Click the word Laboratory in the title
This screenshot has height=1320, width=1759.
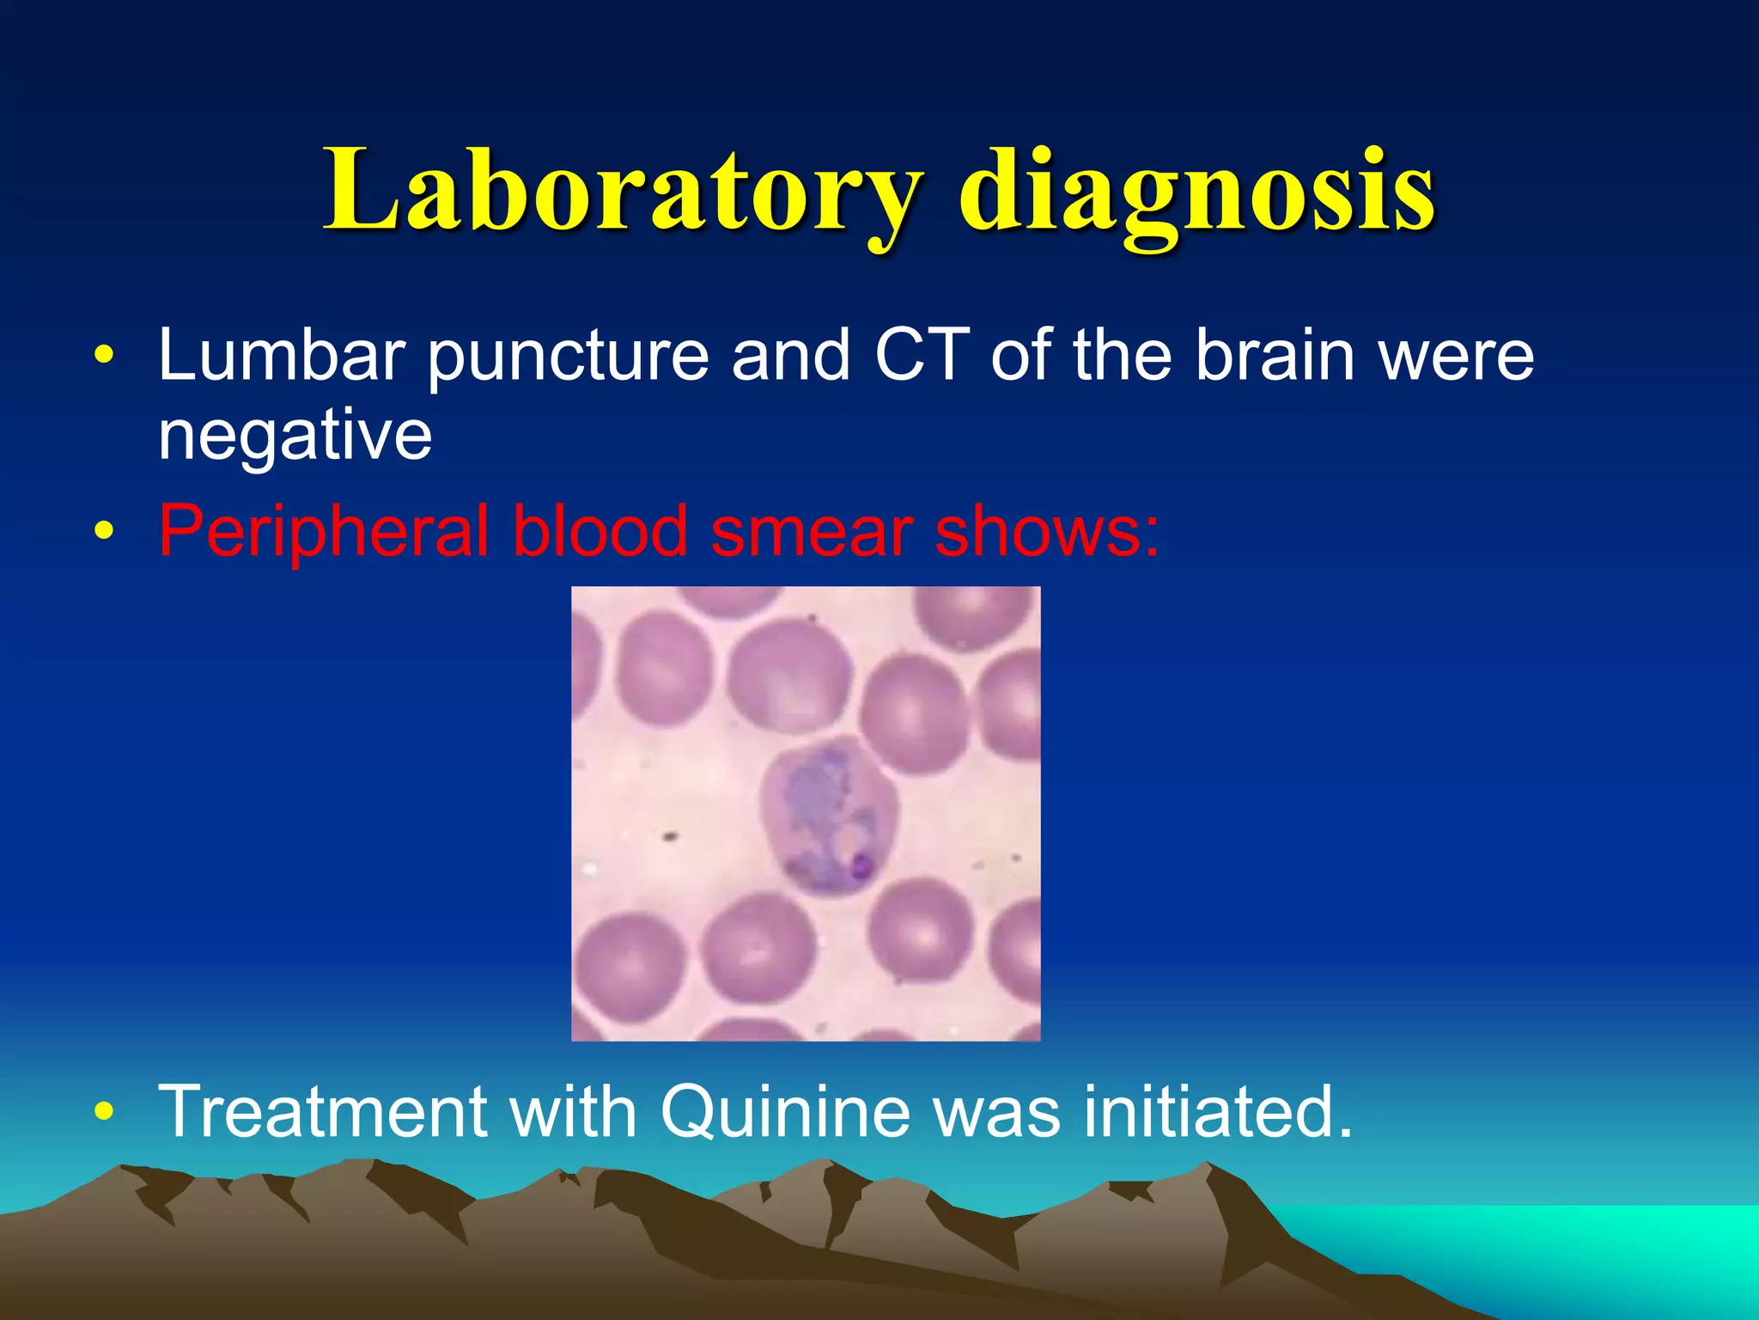pyautogui.click(x=623, y=191)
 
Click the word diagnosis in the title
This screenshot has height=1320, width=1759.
pyautogui.click(x=1196, y=191)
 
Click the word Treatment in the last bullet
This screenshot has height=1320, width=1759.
pyautogui.click(x=322, y=1111)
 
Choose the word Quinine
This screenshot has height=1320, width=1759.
pyautogui.click(x=785, y=1113)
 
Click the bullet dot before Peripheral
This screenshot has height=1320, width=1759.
pyautogui.click(x=104, y=533)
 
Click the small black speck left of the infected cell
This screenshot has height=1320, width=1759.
pyautogui.click(x=670, y=834)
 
